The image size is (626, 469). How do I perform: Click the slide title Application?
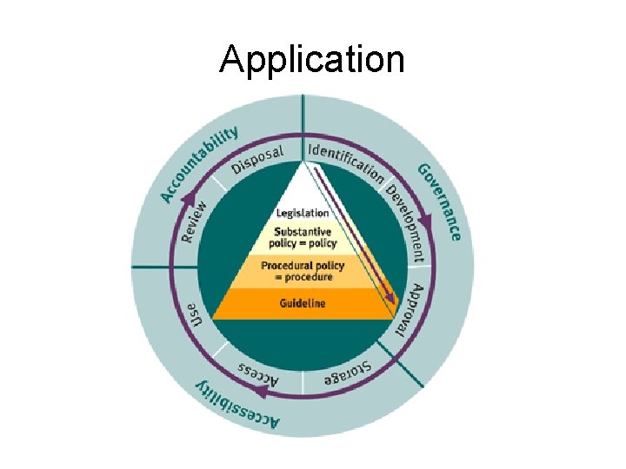312,60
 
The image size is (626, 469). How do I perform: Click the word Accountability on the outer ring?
198,163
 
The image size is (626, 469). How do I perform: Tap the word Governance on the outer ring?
441,202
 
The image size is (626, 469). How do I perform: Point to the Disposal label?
257,160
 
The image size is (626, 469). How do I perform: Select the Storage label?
348,372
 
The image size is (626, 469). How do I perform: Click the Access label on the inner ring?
258,372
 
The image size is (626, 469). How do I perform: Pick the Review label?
195,222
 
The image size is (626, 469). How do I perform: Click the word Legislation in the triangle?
303,213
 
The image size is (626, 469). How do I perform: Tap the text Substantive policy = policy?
302,237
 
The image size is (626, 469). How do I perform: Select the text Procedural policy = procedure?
303,270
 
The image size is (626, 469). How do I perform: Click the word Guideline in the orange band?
303,303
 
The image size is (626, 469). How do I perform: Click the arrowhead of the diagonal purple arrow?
392,299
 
